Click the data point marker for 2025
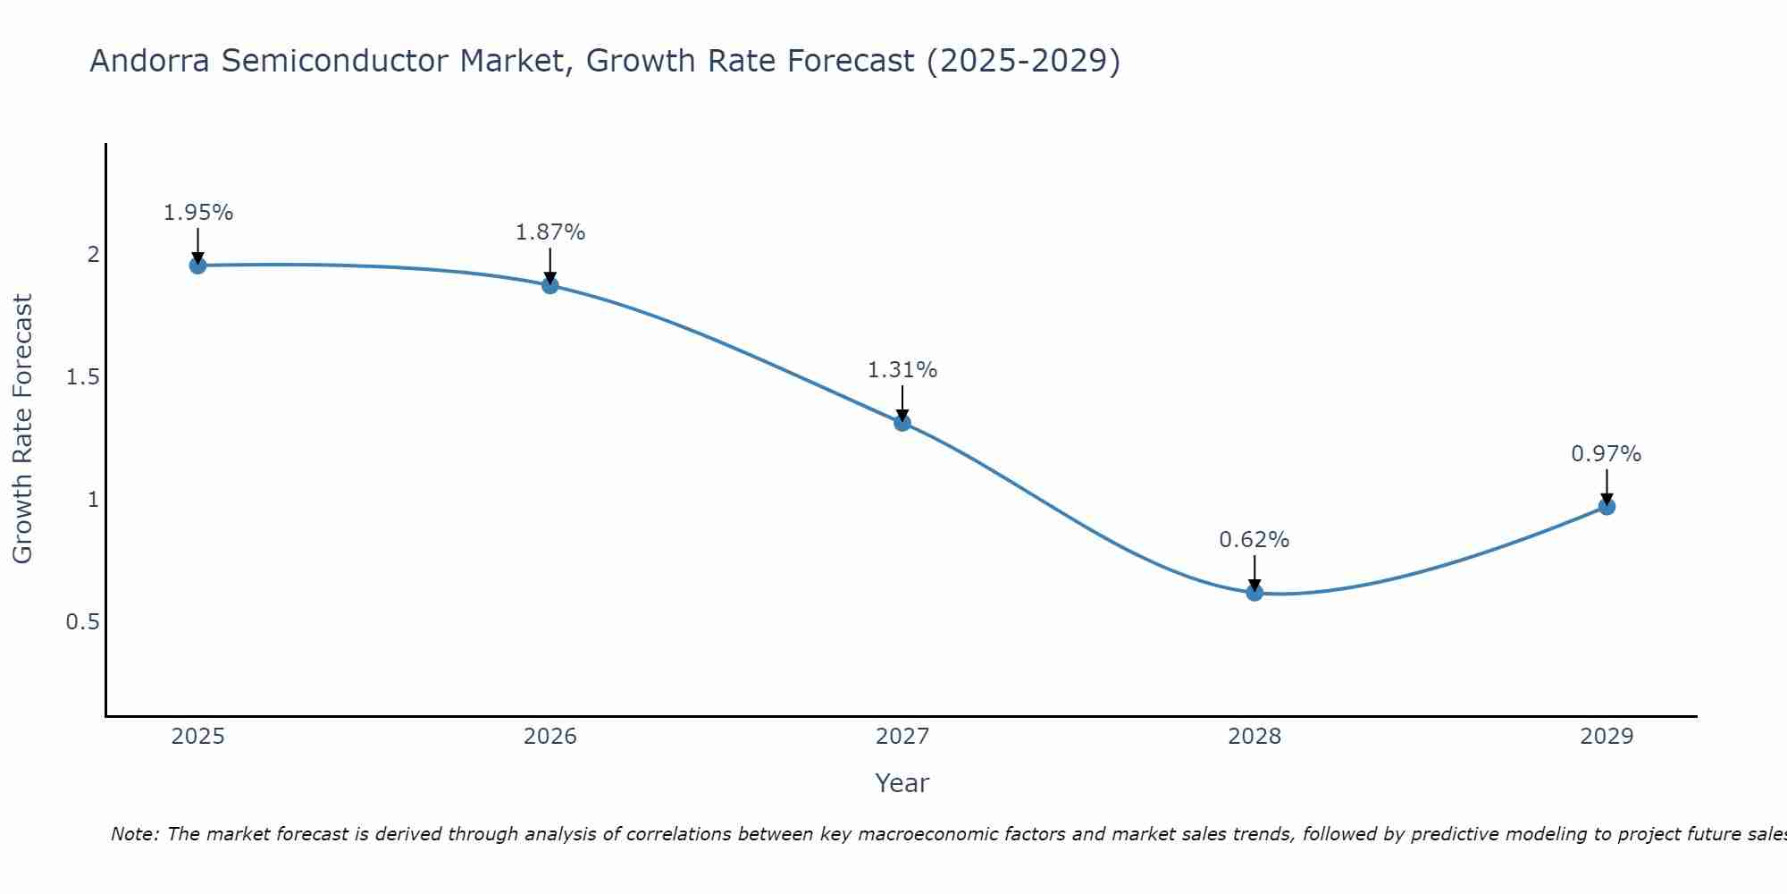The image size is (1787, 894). pyautogui.click(x=198, y=266)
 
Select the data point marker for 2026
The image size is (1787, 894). pyautogui.click(x=550, y=285)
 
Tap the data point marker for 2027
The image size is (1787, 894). pyautogui.click(x=902, y=423)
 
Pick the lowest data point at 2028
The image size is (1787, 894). pyautogui.click(x=1254, y=592)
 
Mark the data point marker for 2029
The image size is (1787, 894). pyautogui.click(x=1607, y=507)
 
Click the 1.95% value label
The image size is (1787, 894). pyautogui.click(x=198, y=213)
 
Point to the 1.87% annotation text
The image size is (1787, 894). pyautogui.click(x=550, y=232)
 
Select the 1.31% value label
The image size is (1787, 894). pyautogui.click(x=902, y=370)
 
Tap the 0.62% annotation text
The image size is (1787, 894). pyautogui.click(x=1254, y=540)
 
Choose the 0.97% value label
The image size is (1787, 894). pyautogui.click(x=1607, y=454)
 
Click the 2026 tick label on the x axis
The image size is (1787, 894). pyautogui.click(x=550, y=737)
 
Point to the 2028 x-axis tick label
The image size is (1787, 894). pyautogui.click(x=1254, y=737)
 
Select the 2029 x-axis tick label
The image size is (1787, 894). pyautogui.click(x=1607, y=737)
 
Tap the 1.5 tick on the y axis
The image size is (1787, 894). pyautogui.click(x=83, y=377)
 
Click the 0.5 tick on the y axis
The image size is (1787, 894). pyautogui.click(x=83, y=622)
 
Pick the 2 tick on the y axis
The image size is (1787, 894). pyautogui.click(x=93, y=255)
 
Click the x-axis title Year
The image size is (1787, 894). pyautogui.click(x=902, y=783)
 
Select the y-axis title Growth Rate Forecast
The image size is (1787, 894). pyautogui.click(x=23, y=429)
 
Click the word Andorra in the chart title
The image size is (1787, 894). pyautogui.click(x=151, y=62)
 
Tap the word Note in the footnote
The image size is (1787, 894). pyautogui.click(x=134, y=834)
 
